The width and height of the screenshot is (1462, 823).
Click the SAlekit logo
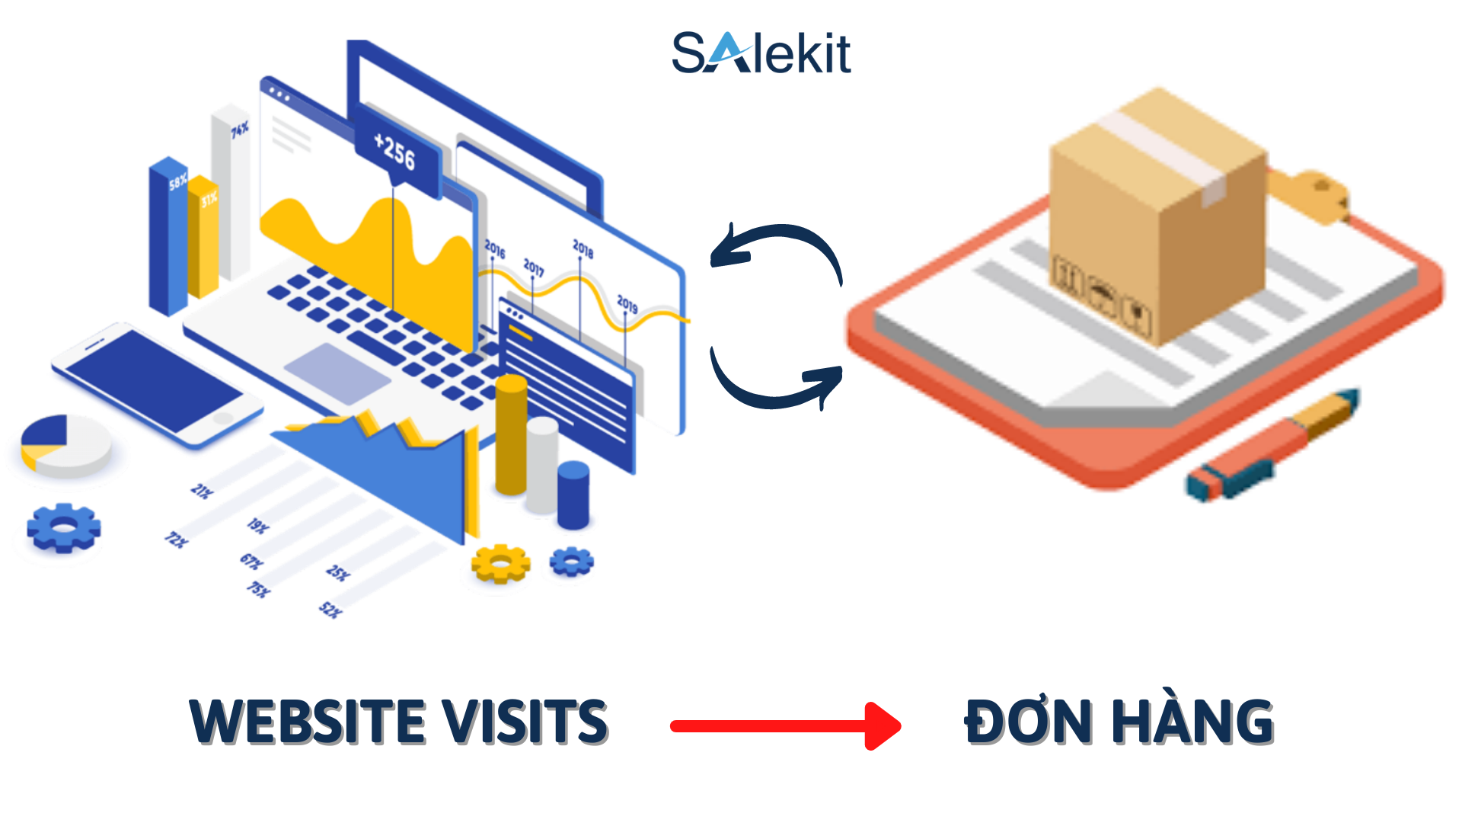[761, 53]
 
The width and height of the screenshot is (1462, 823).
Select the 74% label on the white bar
[240, 130]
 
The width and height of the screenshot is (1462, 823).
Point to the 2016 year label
[495, 248]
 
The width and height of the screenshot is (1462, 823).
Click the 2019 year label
[627, 304]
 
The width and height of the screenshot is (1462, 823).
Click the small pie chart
[65, 445]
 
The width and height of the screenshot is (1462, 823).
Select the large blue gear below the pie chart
[64, 527]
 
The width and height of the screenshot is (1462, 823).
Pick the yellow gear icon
[500, 564]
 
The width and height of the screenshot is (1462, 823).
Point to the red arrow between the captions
[785, 725]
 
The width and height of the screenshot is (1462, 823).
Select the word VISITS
[525, 721]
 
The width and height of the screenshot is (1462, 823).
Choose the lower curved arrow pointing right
[777, 381]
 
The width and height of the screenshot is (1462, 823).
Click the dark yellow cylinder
[511, 434]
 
